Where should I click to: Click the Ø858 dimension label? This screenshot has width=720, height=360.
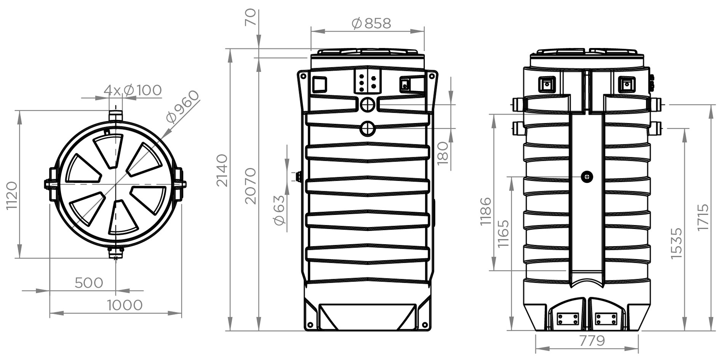coord(371,24)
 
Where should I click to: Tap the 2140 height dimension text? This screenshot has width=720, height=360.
coord(222,170)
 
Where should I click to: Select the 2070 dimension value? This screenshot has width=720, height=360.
coord(251,186)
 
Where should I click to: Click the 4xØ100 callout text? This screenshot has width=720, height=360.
coord(133,91)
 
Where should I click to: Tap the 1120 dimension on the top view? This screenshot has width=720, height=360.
coord(11,196)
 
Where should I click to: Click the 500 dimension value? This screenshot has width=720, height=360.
coord(89,283)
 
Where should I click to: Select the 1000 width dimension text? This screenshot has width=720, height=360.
coord(125,305)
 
